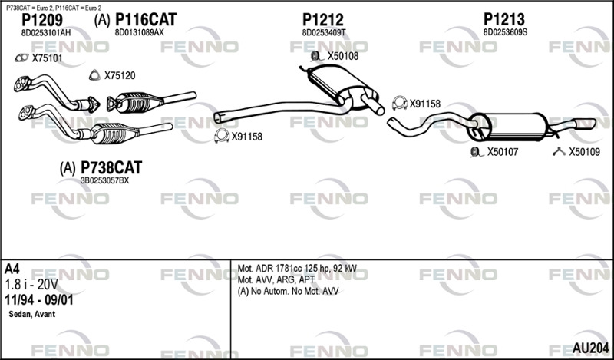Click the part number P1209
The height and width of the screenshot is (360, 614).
tap(42, 20)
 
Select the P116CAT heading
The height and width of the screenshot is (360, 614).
tap(146, 19)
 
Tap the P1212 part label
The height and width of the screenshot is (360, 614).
tap(322, 20)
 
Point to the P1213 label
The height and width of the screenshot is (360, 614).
tap(504, 19)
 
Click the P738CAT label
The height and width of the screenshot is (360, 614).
tap(111, 167)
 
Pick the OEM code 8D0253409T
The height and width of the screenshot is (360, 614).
tap(323, 32)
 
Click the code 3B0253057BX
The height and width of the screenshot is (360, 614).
tap(104, 180)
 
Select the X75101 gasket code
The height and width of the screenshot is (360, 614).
tap(47, 58)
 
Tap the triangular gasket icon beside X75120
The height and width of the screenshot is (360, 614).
tap(94, 75)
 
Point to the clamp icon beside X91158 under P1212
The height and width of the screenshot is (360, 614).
tap(222, 136)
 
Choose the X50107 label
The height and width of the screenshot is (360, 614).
tap(503, 152)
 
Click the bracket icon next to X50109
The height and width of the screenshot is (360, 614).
tap(559, 152)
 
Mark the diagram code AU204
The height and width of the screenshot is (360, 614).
tap(590, 348)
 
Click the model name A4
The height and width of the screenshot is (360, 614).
tap(12, 269)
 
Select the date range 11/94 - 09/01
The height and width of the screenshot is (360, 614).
tap(38, 300)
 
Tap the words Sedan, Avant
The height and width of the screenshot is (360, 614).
tap(31, 314)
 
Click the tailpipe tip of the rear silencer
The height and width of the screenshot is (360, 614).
tap(590, 124)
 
